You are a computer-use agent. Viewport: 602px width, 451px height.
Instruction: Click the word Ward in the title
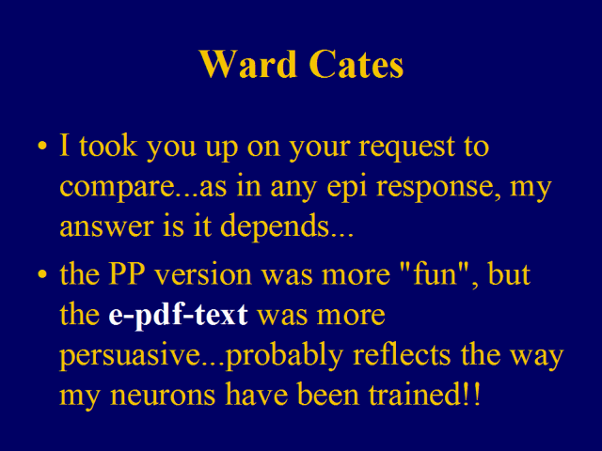click(x=248, y=64)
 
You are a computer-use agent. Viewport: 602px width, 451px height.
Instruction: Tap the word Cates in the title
click(x=356, y=64)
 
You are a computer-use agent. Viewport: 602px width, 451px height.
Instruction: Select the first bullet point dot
click(x=42, y=147)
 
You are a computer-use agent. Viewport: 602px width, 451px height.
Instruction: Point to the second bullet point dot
click(x=42, y=274)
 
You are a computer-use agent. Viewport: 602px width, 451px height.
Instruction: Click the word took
click(x=108, y=146)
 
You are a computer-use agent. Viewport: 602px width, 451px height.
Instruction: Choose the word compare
click(x=118, y=188)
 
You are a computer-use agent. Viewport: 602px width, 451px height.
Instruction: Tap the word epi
click(x=347, y=186)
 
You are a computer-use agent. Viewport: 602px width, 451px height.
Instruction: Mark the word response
click(x=434, y=188)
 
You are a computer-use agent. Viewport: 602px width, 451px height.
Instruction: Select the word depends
click(x=275, y=226)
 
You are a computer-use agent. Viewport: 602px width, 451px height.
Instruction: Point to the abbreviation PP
click(x=127, y=273)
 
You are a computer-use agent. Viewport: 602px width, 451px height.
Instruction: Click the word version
click(x=203, y=273)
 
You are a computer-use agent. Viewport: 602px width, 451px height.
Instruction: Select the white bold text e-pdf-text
click(x=178, y=316)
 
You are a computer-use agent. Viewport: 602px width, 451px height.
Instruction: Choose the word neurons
click(x=163, y=396)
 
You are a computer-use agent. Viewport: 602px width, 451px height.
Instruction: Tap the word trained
click(x=416, y=394)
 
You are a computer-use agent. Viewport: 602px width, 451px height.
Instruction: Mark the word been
click(x=328, y=394)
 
